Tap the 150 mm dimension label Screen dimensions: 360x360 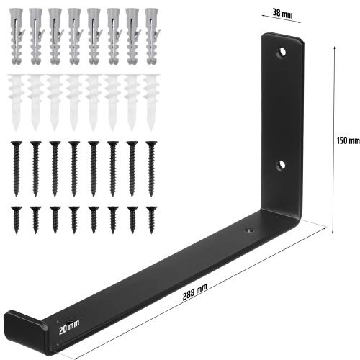click(348, 142)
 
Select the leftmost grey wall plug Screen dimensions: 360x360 click(16, 35)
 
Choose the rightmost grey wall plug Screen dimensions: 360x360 click(150, 35)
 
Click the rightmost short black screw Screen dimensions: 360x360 click(150, 217)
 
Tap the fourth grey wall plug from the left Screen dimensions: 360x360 click(73, 35)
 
